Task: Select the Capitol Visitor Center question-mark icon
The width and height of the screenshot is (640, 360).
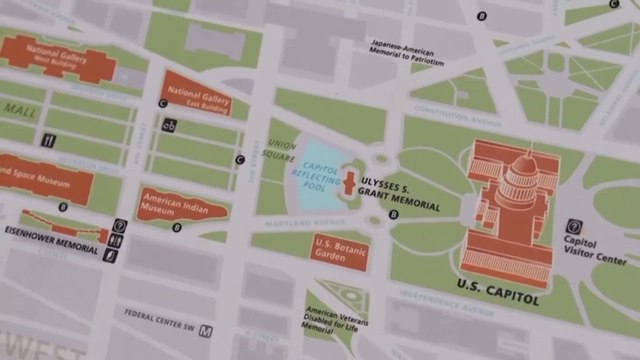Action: pos(575,227)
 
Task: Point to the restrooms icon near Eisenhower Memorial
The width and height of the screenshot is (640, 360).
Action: pos(119,239)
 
